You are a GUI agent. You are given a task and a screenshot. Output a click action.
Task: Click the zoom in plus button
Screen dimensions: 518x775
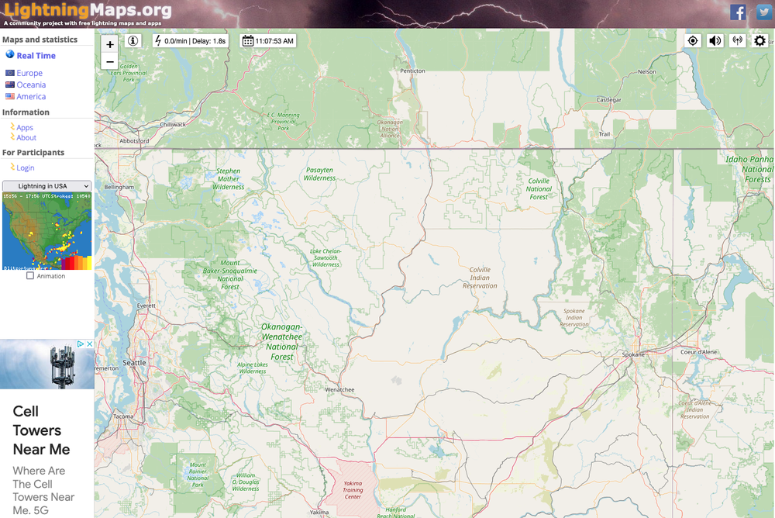click(x=110, y=45)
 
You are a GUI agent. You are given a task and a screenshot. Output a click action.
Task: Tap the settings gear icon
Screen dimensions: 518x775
click(x=759, y=40)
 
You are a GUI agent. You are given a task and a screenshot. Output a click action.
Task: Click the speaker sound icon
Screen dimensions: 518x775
click(x=715, y=40)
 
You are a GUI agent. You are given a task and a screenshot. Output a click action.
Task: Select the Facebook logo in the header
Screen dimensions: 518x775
click(x=739, y=12)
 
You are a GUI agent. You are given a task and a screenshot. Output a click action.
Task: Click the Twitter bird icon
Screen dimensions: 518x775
click(x=763, y=12)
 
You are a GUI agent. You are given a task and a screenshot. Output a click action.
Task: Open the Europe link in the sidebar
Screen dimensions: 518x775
click(x=29, y=73)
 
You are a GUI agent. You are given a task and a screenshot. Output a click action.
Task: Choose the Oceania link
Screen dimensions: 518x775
click(x=31, y=85)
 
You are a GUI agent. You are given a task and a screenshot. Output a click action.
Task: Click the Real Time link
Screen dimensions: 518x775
click(x=36, y=56)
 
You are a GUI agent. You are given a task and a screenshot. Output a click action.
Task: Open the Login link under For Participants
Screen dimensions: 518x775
click(x=26, y=167)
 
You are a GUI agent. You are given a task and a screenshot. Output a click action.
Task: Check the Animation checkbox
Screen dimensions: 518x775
click(x=30, y=275)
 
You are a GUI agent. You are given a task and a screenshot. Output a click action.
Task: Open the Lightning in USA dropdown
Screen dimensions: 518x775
click(x=46, y=186)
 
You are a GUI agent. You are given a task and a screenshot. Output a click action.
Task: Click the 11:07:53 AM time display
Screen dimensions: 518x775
click(x=268, y=40)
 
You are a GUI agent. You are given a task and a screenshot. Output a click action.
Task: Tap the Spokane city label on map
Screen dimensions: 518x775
click(x=633, y=354)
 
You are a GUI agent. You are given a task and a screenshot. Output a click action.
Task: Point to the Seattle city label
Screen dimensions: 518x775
click(x=134, y=362)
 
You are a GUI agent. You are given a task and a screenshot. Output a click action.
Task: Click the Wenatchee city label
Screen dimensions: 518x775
click(x=339, y=389)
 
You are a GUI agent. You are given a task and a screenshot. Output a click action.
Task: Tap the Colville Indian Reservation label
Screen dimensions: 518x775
click(x=480, y=278)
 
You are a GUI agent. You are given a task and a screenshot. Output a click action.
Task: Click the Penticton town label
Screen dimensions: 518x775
click(x=412, y=71)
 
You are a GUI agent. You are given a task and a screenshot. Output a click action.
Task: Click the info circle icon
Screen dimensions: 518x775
click(x=133, y=40)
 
